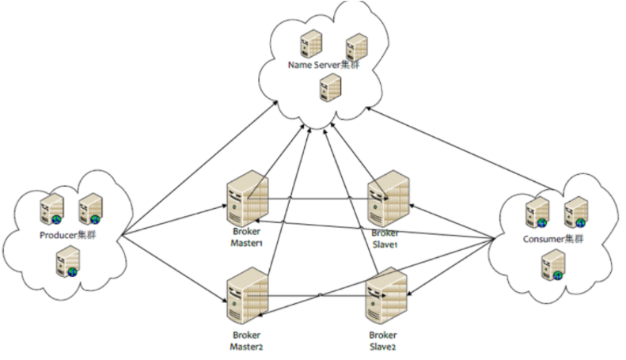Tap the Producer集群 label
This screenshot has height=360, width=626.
(67, 235)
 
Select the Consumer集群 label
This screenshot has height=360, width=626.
(554, 238)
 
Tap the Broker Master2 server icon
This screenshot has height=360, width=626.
(247, 298)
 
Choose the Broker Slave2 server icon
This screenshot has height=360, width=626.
(387, 297)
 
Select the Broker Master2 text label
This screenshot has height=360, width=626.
(247, 340)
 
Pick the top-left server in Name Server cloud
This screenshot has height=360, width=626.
(308, 44)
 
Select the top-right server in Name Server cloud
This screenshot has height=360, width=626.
(356, 46)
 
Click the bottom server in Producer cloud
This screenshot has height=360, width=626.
(68, 261)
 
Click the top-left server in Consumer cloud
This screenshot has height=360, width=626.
(537, 212)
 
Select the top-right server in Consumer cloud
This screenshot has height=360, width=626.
(575, 211)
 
